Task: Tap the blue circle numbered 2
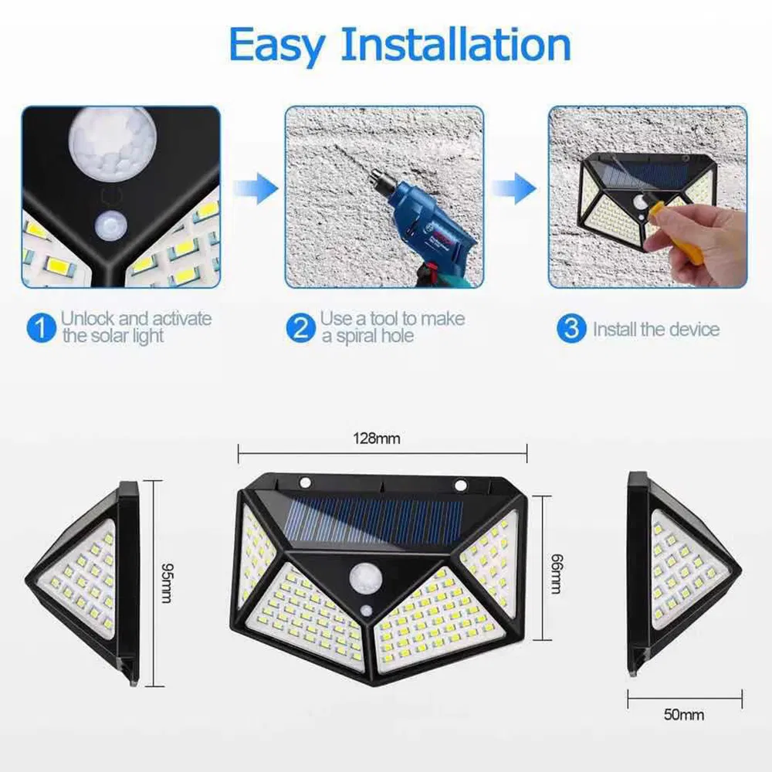pos(300,327)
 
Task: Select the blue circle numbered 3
pos(571,329)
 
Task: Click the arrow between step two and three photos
pos(515,188)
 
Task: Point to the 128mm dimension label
pos(377,438)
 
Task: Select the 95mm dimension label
pos(165,583)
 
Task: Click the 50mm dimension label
pos(683,715)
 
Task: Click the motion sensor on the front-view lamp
pos(362,577)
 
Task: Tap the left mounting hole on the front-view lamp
pos(306,483)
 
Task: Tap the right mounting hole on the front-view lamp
pos(461,486)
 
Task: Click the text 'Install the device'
pos(655,330)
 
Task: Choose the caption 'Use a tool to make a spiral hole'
pos(392,327)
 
